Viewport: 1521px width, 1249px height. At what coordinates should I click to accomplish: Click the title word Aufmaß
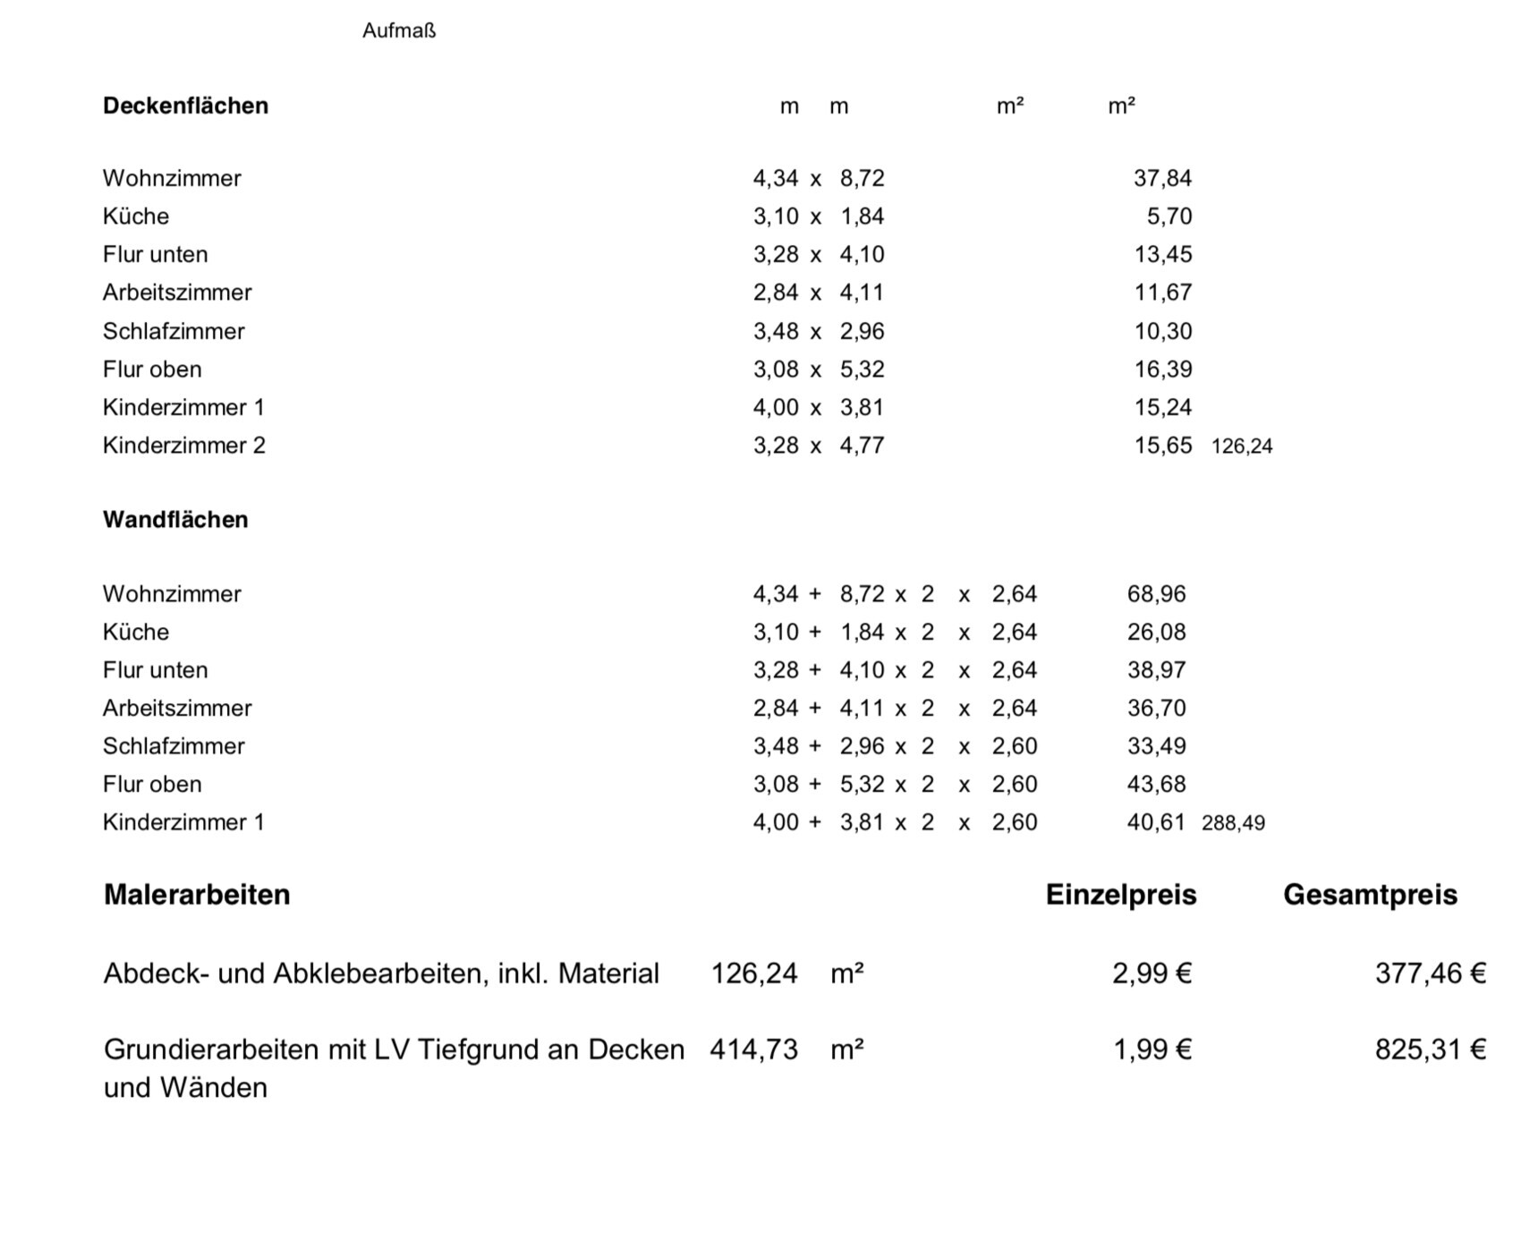[399, 30]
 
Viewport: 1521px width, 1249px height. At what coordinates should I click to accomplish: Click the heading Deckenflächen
[185, 106]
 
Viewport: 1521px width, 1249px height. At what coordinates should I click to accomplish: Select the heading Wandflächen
[175, 520]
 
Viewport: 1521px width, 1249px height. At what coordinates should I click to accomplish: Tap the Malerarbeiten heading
[197, 895]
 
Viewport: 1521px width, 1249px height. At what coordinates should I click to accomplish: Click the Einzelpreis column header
[1121, 895]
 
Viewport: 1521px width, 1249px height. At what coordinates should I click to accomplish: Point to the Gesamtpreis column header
[1370, 895]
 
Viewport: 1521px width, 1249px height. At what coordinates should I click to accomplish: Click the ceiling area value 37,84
[1162, 178]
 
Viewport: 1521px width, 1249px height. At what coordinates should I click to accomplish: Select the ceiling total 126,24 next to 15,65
[1242, 446]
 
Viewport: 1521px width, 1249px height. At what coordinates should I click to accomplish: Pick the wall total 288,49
[1233, 823]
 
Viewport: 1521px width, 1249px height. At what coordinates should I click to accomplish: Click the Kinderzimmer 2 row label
[183, 446]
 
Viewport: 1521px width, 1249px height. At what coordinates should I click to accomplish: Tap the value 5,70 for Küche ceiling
[1169, 217]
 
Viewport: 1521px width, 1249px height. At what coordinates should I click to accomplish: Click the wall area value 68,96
[1156, 594]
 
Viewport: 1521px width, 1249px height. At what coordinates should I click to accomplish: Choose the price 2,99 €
[1151, 973]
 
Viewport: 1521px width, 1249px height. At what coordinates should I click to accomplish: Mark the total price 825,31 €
[1430, 1049]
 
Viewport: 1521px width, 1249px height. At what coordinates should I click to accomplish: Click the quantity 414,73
[753, 1049]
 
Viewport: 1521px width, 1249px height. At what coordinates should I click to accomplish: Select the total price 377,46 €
[1430, 973]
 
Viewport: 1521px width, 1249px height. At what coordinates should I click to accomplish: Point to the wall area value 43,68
[1156, 785]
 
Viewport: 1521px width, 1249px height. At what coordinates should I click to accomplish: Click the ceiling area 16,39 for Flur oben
[1162, 370]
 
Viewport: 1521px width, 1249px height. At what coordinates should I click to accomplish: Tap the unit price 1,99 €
[1151, 1049]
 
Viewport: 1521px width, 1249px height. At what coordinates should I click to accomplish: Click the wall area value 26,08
[1156, 633]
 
